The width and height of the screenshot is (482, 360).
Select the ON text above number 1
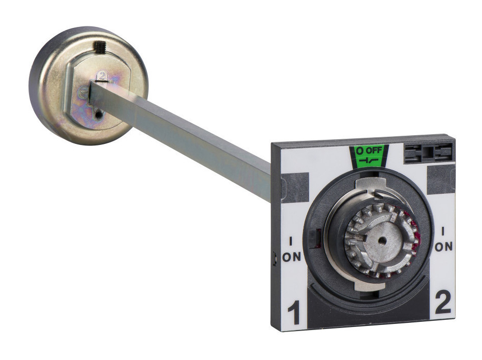click(x=291, y=257)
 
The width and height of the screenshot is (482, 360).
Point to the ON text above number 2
click(x=444, y=247)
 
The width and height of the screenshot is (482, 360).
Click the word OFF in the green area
click(x=374, y=151)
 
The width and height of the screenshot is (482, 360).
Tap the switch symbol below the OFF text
click(x=369, y=161)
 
